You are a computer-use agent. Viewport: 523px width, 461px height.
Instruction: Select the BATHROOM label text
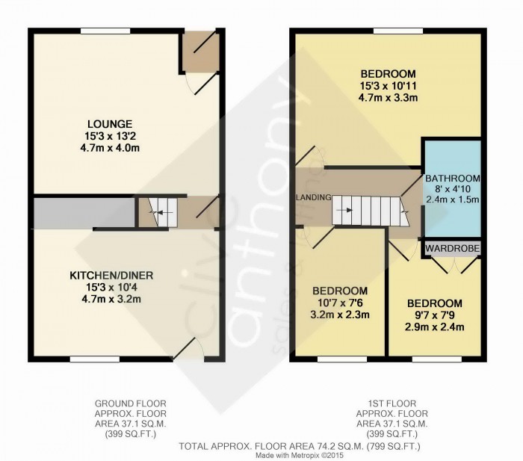(452, 179)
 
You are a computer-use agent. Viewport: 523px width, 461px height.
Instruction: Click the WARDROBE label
(453, 247)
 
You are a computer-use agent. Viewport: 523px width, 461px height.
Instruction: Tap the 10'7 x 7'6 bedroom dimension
(340, 303)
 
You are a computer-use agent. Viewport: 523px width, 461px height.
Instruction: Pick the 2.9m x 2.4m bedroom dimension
(434, 327)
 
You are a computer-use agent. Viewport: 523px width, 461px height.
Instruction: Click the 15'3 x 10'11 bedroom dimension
(388, 86)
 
